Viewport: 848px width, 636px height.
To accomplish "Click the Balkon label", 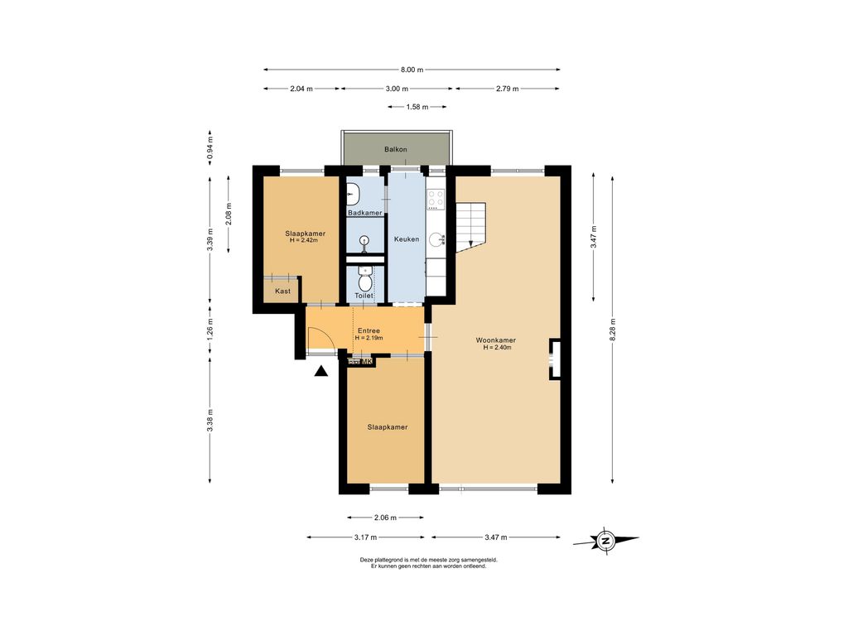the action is tap(395, 149).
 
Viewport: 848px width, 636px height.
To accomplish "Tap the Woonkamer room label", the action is tap(496, 340).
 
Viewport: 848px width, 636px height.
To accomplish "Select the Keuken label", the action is tap(406, 239).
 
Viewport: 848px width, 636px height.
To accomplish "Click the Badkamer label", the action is tap(365, 213).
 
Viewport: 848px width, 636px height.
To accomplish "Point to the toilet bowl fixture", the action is tap(365, 282).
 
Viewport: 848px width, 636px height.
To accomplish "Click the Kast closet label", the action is tap(283, 291).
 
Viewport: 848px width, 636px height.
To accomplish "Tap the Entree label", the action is tap(369, 330).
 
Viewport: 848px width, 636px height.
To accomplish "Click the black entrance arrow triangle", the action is tap(321, 370).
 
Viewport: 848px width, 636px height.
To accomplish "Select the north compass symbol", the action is tap(605, 540).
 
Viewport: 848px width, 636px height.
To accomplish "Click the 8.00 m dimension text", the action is tap(412, 70).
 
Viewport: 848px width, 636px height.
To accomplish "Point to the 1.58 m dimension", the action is tap(417, 107).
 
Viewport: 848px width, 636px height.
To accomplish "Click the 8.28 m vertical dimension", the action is tap(613, 330).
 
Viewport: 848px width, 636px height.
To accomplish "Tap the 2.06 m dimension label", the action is tap(386, 518).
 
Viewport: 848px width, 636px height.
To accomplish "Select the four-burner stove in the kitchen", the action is tap(436, 199).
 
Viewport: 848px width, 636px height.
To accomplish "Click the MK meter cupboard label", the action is tap(366, 362).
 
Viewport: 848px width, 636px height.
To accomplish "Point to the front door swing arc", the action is tap(326, 335).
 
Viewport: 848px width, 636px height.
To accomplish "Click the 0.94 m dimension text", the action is tap(210, 147).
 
